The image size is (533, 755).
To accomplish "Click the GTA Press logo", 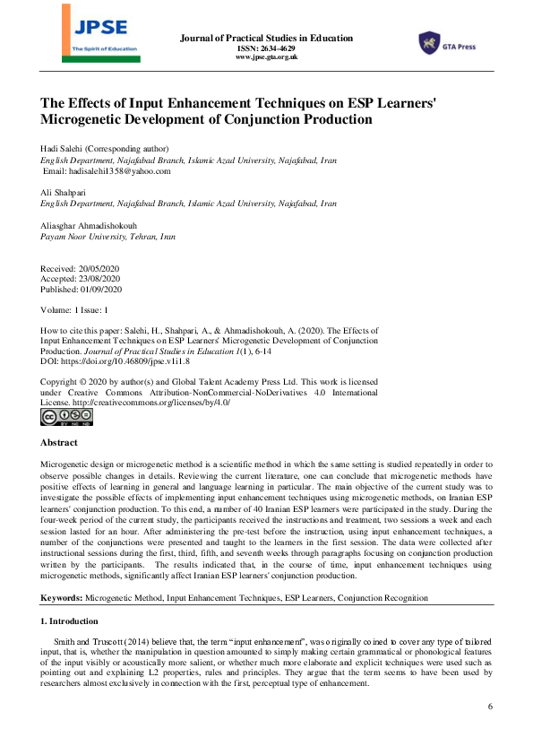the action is [445, 42].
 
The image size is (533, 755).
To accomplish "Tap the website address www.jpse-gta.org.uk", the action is [266, 57].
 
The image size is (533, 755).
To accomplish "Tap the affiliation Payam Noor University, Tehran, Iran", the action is [108, 237].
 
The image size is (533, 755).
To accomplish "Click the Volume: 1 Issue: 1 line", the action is [75, 309].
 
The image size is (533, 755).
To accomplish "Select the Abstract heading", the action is [59, 443].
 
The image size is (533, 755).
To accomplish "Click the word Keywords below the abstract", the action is [68, 597].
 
